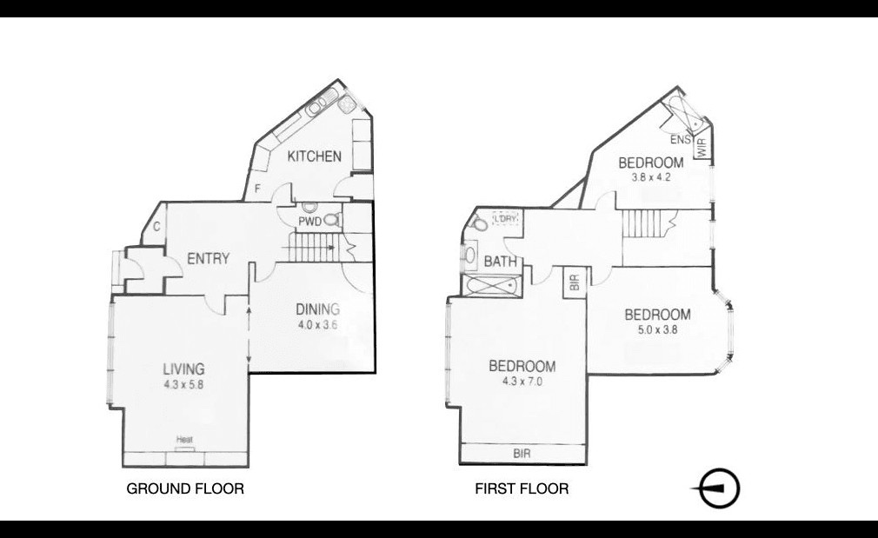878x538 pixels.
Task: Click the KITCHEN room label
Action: [314, 156]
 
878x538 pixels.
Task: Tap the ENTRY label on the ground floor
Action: [209, 259]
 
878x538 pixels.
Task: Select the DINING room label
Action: [317, 309]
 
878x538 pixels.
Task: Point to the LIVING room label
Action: [183, 369]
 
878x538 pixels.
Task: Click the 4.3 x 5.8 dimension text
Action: [183, 385]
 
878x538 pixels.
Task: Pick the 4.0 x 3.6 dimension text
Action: [317, 325]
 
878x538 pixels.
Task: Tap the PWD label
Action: [309, 222]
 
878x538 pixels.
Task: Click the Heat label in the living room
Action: [185, 440]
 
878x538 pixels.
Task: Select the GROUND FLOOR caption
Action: [185, 488]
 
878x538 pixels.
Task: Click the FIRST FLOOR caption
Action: [522, 488]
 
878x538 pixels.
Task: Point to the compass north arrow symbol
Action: [716, 488]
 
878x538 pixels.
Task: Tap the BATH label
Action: [501, 262]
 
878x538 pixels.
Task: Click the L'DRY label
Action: [506, 218]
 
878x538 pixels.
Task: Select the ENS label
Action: [681, 140]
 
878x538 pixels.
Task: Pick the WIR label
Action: [702, 147]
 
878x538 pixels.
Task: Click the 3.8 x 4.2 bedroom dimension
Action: [650, 177]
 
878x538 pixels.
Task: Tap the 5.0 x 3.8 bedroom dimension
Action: [657, 329]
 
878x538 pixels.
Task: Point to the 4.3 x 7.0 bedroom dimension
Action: [522, 382]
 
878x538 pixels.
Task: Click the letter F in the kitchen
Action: [257, 189]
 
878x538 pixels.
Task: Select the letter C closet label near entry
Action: [156, 227]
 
